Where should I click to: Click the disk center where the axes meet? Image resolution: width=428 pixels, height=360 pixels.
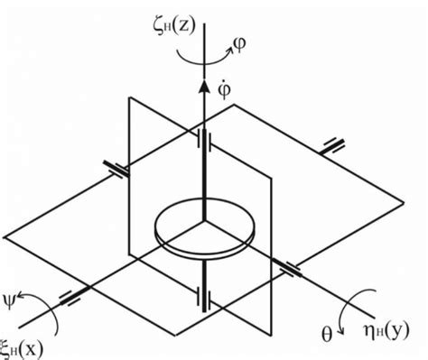click(206, 219)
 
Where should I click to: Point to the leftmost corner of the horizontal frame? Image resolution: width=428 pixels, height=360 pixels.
click(4, 236)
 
